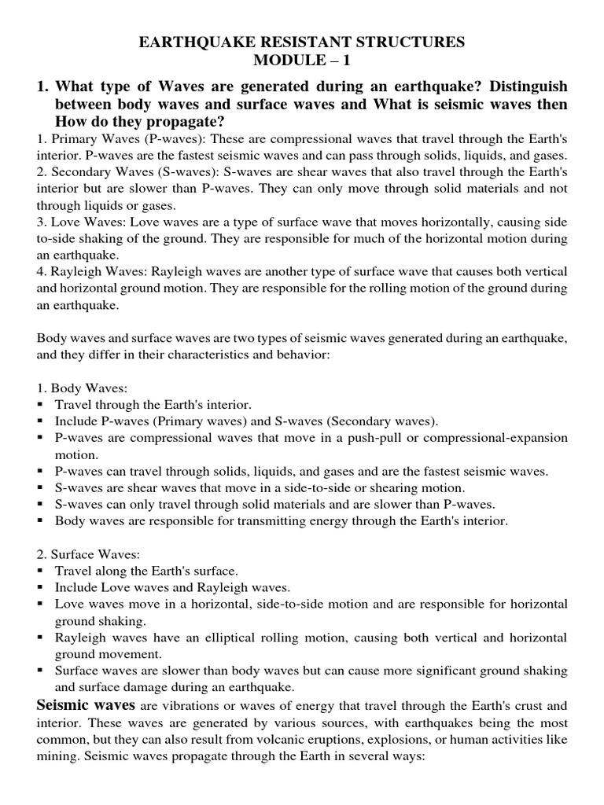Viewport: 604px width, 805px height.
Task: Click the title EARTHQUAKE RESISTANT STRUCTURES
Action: point(302,42)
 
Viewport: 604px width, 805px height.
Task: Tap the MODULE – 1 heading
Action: point(302,62)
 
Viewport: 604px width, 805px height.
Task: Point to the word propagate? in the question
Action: point(186,122)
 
